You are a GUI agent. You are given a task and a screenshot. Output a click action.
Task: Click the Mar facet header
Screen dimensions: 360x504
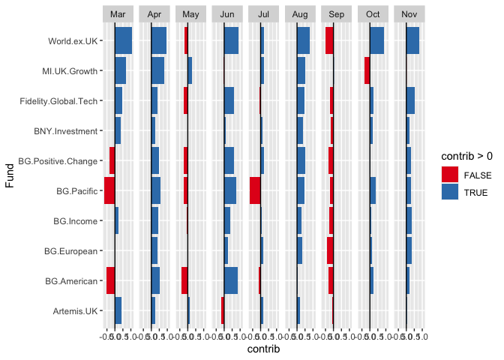click(118, 14)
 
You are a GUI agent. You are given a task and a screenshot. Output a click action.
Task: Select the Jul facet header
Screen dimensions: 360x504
click(264, 14)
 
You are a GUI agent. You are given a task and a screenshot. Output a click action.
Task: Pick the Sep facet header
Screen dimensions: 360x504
click(337, 14)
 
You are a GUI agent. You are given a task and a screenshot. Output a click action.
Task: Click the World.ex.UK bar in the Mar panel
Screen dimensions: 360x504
click(123, 40)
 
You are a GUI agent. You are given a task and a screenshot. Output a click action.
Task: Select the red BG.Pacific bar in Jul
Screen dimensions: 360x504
click(255, 190)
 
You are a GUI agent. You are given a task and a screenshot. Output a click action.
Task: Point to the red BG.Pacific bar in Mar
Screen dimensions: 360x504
click(109, 190)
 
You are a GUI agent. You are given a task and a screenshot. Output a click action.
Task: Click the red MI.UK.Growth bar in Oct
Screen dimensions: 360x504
click(367, 70)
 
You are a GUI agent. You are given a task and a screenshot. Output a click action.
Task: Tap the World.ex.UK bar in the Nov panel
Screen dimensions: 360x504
click(412, 40)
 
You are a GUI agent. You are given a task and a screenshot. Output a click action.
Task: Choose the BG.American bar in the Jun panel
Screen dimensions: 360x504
click(231, 280)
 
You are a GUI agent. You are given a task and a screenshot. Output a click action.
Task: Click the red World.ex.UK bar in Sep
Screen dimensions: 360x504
click(329, 40)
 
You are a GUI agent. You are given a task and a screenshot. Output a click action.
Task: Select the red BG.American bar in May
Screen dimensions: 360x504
click(184, 280)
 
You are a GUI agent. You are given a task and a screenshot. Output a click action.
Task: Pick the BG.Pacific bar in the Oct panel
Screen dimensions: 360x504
click(373, 190)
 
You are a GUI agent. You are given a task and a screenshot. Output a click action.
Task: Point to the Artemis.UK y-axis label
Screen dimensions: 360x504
click(75, 311)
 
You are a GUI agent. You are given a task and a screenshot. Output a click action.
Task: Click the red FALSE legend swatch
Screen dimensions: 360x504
click(450, 174)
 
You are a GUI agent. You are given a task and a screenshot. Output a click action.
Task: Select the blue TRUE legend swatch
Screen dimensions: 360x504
click(450, 192)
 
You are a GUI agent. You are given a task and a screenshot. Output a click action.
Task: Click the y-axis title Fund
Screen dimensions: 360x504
click(10, 176)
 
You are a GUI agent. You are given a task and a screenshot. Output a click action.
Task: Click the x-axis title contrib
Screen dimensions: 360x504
click(264, 349)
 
